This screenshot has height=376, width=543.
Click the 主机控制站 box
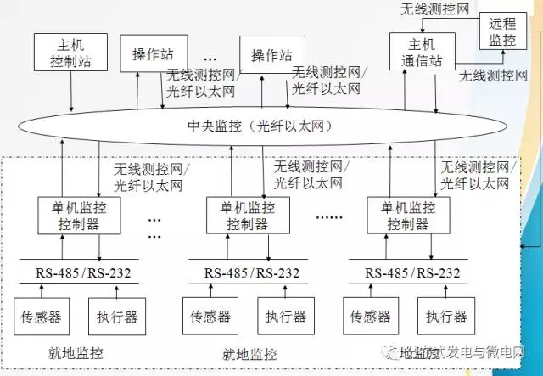[71, 53]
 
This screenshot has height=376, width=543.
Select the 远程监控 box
[502, 31]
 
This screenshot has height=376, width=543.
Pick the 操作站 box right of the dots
[271, 54]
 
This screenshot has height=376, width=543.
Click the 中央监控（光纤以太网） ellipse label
[259, 127]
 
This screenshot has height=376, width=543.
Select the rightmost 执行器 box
[447, 317]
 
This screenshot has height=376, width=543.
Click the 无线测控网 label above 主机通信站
[435, 9]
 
